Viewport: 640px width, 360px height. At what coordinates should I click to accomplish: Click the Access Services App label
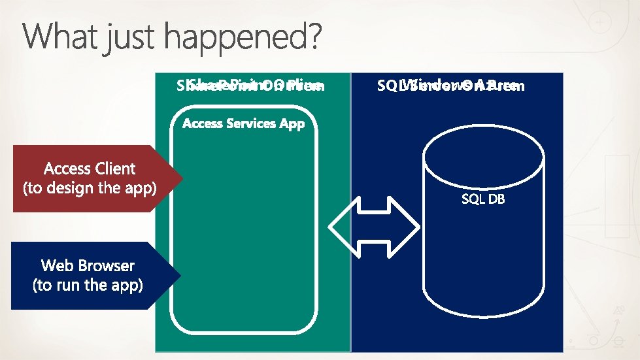243,123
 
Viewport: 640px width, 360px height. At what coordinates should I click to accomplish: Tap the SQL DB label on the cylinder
483,199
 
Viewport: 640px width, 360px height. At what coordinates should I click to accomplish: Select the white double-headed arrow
374,227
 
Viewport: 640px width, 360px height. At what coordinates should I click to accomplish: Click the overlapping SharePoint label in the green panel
250,86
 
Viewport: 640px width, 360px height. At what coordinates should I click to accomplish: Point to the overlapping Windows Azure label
450,86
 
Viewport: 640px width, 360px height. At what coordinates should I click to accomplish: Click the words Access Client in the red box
90,169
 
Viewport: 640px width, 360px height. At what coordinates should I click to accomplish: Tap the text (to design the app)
90,189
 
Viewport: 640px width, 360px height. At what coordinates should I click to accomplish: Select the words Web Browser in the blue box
88,265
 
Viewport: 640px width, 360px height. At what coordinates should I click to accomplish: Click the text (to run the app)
88,286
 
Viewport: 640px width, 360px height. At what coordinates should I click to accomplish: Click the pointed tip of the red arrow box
181,178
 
